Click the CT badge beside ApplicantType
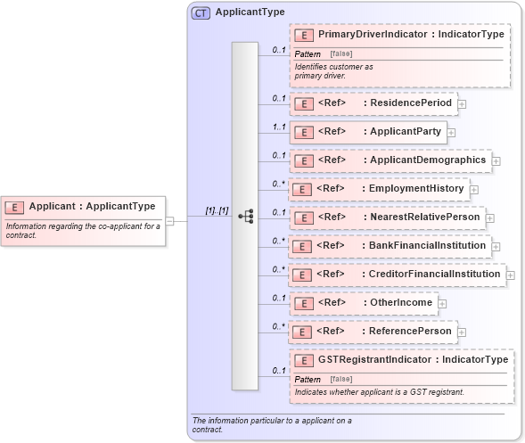click(x=201, y=12)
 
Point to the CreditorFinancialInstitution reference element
click(x=396, y=275)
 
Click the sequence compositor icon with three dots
click(x=245, y=217)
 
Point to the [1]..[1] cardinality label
click(x=217, y=210)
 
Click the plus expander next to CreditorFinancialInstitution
click(x=511, y=275)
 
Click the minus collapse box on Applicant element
click(x=169, y=221)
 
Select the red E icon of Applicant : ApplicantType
click(x=15, y=207)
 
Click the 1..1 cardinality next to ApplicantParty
click(x=278, y=127)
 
